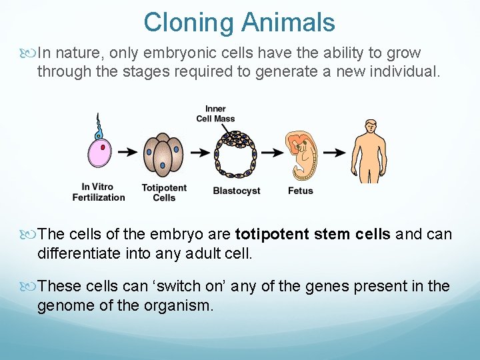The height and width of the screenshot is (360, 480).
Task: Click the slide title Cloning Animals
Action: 239,23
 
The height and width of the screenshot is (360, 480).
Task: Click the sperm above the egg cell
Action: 99,127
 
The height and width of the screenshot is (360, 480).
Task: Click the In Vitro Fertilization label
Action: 99,192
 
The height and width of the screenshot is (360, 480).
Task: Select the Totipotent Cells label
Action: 164,193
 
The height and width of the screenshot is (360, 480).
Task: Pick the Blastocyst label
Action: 237,191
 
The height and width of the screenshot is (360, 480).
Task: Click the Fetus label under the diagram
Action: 301,191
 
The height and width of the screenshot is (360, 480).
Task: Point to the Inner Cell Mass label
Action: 215,114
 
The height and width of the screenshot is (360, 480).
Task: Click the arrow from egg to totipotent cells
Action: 129,153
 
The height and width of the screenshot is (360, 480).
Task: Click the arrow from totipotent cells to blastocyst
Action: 199,153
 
